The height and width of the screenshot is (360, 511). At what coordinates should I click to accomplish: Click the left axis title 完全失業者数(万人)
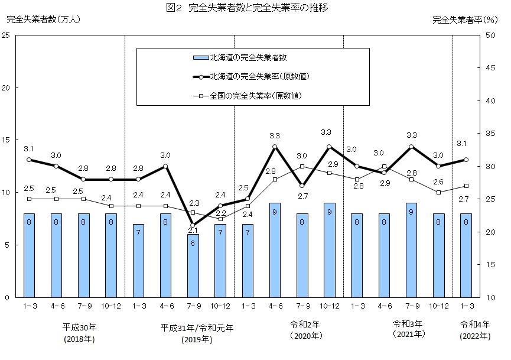pos(43,20)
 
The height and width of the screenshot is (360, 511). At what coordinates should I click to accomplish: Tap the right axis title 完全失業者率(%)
pos(464,20)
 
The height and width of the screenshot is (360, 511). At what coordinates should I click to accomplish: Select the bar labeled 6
pos(193,266)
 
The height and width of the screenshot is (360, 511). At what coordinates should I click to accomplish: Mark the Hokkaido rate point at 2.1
pos(193,225)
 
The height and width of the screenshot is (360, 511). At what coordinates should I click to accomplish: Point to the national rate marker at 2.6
pos(438,192)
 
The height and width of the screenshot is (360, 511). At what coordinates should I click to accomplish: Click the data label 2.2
pos(220,213)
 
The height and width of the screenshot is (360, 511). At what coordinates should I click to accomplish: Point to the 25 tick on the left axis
pos(5,35)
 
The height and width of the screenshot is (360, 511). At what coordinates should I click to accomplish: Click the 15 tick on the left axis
pos(5,140)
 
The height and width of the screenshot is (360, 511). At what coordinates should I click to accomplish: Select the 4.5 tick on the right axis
pos(490,68)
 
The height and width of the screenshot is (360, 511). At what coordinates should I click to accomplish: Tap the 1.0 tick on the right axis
pos(490,297)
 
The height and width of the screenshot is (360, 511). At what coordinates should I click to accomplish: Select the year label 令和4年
pos(476,323)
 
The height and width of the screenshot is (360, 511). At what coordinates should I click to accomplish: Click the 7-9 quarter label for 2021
pos(411,306)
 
